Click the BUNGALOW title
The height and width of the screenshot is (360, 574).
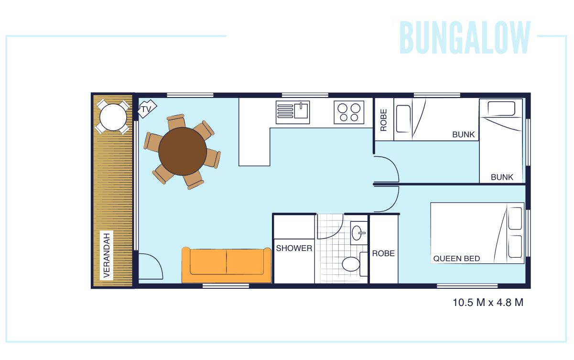pyautogui.click(x=465, y=38)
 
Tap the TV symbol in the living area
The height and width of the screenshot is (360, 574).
pyautogui.click(x=147, y=109)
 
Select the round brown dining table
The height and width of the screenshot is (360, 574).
pyautogui.click(x=183, y=152)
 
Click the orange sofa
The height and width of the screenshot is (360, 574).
pyautogui.click(x=226, y=265)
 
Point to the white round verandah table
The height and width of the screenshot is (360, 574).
pyautogui.click(x=113, y=117)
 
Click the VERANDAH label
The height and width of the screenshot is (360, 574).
pyautogui.click(x=107, y=255)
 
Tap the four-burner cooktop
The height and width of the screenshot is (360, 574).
pyautogui.click(x=349, y=112)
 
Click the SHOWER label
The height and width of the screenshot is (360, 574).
pyautogui.click(x=294, y=248)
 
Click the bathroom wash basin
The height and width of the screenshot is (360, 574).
pyautogui.click(x=359, y=233)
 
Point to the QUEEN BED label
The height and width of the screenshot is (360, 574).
pyautogui.click(x=456, y=259)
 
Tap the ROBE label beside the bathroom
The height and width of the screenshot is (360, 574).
pyautogui.click(x=383, y=253)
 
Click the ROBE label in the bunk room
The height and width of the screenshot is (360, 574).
pyautogui.click(x=384, y=120)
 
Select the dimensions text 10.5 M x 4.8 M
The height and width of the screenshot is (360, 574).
pyautogui.click(x=488, y=303)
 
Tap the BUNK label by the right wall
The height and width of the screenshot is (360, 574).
pyautogui.click(x=502, y=177)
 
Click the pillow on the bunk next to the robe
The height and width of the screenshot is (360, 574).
pyautogui.click(x=403, y=119)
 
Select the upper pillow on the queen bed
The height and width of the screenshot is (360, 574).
pyautogui.click(x=515, y=218)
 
